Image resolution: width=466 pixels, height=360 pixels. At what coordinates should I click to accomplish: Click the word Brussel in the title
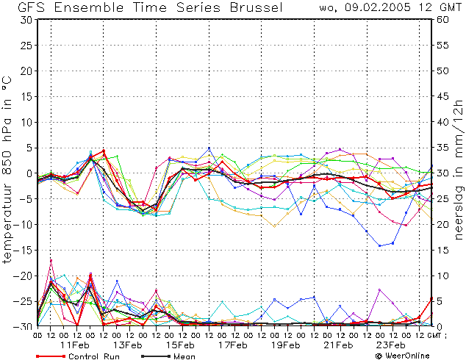[257, 7]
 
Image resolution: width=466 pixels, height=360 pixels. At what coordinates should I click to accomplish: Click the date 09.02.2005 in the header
[378, 7]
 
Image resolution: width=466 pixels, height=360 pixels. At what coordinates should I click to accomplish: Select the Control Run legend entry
[78, 356]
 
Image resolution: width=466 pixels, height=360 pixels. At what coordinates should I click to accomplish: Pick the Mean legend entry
[168, 356]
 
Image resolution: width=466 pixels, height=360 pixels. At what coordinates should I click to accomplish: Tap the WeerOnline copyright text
[403, 356]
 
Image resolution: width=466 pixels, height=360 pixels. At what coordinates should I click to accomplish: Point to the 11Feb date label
[74, 345]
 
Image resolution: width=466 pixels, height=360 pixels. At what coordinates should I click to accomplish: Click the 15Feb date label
[180, 345]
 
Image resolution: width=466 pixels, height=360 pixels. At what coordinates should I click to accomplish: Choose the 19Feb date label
[286, 345]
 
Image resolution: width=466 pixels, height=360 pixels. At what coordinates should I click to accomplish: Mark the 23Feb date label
[391, 345]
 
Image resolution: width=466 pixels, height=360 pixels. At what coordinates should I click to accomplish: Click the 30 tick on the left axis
[26, 20]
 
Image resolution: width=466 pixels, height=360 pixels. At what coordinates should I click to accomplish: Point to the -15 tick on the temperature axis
[22, 250]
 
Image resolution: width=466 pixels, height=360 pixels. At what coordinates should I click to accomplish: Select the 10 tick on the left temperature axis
[26, 122]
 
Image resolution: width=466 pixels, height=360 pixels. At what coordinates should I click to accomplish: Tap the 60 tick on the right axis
[442, 20]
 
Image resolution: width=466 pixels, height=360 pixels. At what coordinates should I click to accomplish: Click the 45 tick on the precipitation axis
[442, 96]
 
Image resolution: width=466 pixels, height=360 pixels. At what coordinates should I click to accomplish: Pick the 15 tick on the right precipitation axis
[442, 250]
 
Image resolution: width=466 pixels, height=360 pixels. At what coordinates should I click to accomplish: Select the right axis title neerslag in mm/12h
[458, 170]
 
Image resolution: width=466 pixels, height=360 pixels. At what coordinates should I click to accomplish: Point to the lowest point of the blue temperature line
[379, 245]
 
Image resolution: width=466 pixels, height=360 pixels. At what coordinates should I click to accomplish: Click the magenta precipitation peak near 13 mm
[51, 261]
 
